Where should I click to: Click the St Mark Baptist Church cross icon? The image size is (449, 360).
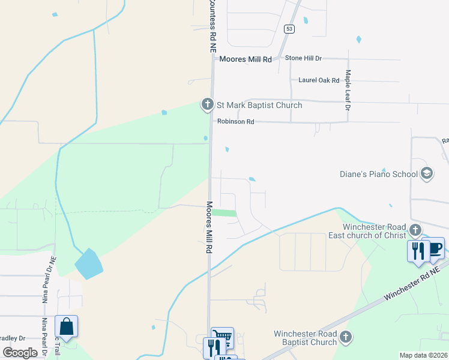tap(208, 105)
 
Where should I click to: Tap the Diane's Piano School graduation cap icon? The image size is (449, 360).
tap(427, 174)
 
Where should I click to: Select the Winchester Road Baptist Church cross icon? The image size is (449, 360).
tap(345, 337)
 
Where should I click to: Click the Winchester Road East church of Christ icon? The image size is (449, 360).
tap(415, 230)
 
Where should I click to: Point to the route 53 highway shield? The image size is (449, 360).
tap(290, 29)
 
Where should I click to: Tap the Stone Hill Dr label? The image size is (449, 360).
tap(303, 58)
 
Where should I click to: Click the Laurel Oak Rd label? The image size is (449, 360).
tap(319, 80)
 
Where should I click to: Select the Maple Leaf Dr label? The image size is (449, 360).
tap(347, 90)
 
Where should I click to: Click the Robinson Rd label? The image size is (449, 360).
tap(236, 122)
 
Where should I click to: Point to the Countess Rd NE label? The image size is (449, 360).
tap(212, 27)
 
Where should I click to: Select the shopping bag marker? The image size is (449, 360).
tap(67, 327)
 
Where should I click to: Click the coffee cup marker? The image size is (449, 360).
tap(435, 249)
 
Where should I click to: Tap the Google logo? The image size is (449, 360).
tap(20, 352)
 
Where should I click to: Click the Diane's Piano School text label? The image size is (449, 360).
tap(379, 174)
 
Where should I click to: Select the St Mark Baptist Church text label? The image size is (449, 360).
tap(259, 106)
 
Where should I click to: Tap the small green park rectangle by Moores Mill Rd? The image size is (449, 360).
tap(224, 213)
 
